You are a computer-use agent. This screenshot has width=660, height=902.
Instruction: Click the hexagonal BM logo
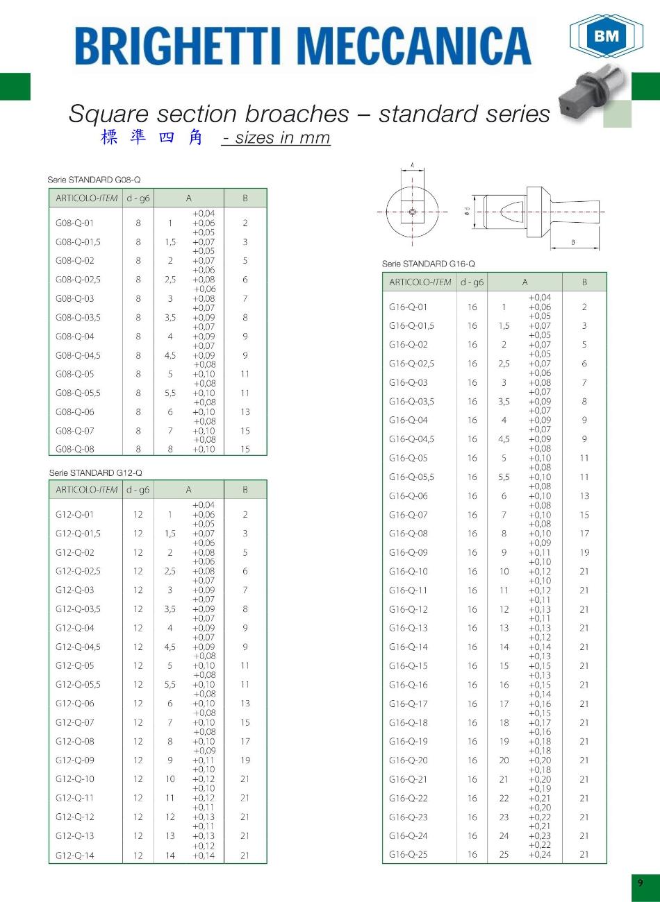coord(606,35)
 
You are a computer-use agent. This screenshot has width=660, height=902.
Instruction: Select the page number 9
coord(640,883)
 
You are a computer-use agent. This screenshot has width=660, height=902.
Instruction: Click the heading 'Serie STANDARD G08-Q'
coord(94,180)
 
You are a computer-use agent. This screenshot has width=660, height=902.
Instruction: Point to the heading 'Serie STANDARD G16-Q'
coord(428,264)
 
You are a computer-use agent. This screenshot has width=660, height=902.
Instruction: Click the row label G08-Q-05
coord(74,374)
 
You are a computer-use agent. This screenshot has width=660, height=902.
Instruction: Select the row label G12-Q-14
coord(74,856)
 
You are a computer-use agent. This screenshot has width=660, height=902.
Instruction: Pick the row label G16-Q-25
coord(409,854)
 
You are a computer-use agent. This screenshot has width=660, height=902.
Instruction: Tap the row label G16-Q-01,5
coord(411,325)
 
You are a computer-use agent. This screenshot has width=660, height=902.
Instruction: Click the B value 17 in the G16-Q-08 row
coord(584,534)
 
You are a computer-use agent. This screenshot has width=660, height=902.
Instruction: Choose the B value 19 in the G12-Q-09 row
coord(245,760)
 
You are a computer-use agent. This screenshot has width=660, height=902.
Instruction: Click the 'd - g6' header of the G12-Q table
coord(138,489)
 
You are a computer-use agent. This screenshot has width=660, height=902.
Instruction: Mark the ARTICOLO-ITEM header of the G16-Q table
coord(420,282)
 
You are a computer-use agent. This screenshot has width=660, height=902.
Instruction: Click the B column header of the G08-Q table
coord(245,198)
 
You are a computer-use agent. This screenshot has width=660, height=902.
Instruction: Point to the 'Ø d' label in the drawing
coord(468,211)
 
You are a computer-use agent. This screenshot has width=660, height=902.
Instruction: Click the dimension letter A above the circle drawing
coord(413,165)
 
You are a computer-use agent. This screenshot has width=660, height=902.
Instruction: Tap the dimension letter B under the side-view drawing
coord(572,242)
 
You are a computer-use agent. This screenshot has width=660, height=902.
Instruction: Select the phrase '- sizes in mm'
coord(276,137)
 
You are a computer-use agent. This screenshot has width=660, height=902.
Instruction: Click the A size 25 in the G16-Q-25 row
coord(504,854)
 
